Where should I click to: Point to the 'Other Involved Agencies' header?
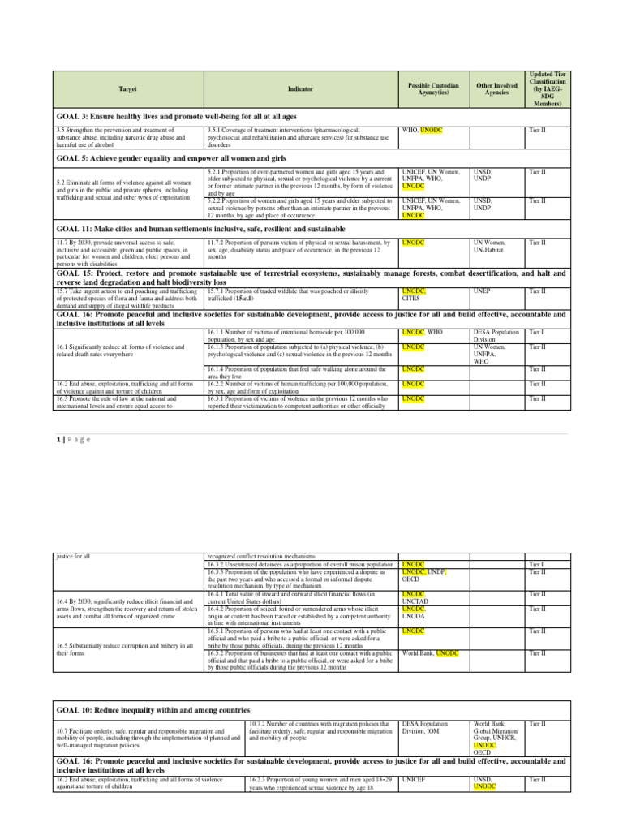tap(492, 88)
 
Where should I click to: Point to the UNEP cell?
tap(482, 291)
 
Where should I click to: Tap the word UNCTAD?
tap(416, 602)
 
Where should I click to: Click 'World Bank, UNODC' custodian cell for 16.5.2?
tap(431, 653)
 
